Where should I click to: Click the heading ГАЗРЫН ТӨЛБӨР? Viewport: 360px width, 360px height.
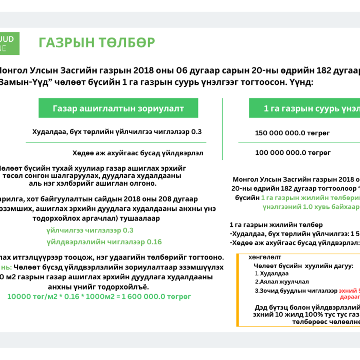pyautogui.click(x=97, y=43)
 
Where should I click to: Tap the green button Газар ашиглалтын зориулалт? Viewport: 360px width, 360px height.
pyautogui.click(x=118, y=109)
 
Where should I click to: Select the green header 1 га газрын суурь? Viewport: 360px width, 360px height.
pyautogui.click(x=309, y=109)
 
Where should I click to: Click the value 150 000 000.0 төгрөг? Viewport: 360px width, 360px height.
pyautogui.click(x=292, y=133)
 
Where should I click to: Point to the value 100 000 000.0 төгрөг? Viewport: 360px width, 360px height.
pyautogui.click(x=292, y=153)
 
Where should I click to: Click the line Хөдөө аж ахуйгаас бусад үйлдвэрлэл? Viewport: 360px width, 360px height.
pyautogui.click(x=138, y=153)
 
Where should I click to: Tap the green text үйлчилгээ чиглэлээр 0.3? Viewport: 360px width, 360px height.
pyautogui.click(x=89, y=230)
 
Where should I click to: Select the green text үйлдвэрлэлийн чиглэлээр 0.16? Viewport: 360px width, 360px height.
pyautogui.click(x=104, y=242)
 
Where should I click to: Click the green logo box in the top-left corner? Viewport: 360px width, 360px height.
pyautogui.click(x=9, y=43)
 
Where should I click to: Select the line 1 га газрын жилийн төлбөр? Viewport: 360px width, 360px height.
pyautogui.click(x=276, y=225)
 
